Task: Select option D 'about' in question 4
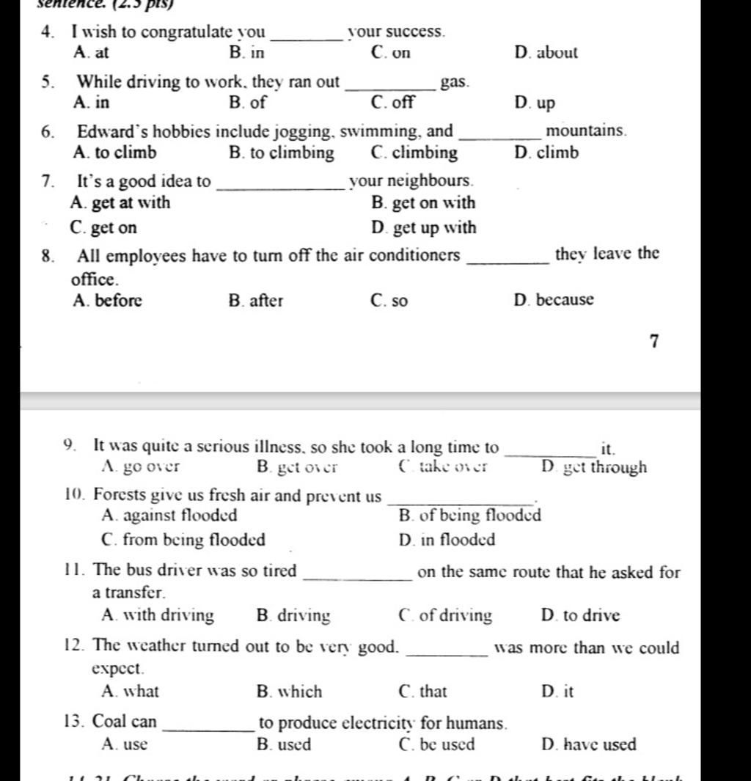pos(546,53)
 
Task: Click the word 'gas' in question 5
pos(453,82)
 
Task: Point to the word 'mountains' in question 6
pos(586,131)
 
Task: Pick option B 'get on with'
pos(424,203)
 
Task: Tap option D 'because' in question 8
pos(554,300)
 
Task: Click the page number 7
pos(654,341)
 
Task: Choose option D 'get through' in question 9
pos(595,467)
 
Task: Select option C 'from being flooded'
pos(184,540)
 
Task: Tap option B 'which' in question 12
pos(290,692)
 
